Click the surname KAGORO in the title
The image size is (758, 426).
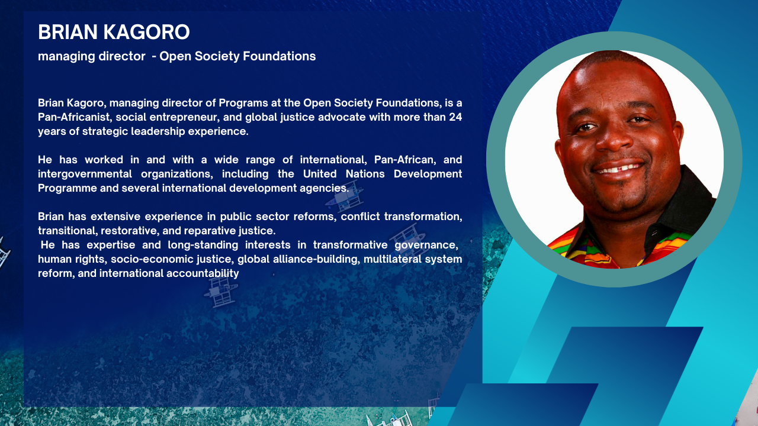[x=146, y=32]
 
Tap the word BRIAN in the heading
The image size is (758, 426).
[x=68, y=32]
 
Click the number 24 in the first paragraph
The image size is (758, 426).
[x=455, y=117]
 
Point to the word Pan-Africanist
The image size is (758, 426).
[x=75, y=117]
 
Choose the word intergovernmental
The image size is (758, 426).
[x=85, y=174]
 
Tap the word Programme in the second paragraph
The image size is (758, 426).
[x=68, y=188]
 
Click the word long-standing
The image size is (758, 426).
[x=203, y=245]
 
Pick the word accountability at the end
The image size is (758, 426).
[x=203, y=273]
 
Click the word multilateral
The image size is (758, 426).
[x=387, y=259]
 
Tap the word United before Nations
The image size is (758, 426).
[x=320, y=174]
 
